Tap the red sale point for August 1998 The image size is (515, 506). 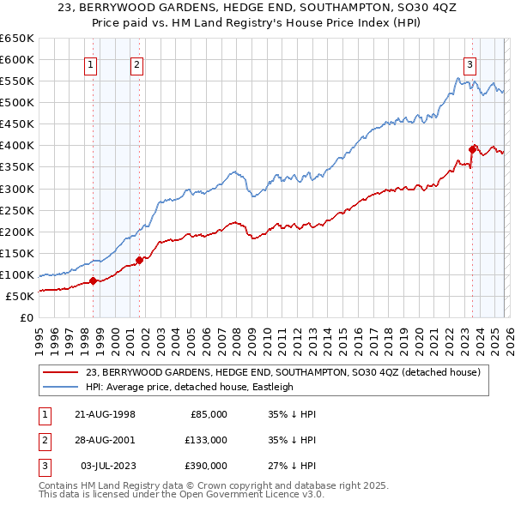[x=94, y=280]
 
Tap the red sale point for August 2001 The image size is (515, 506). [x=139, y=260]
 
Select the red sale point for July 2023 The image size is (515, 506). [x=472, y=149]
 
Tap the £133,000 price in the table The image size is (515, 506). [x=206, y=440]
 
